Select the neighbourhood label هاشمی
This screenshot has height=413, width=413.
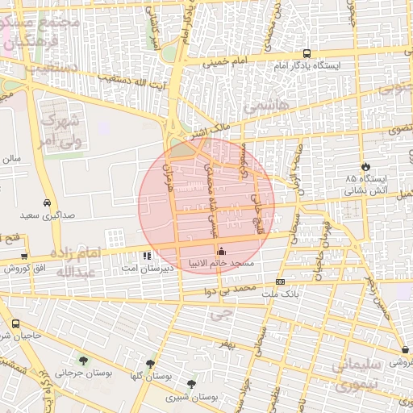[260, 106]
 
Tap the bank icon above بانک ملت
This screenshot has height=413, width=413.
[280, 282]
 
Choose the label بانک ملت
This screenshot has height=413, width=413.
[280, 294]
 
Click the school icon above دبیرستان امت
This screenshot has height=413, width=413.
[146, 256]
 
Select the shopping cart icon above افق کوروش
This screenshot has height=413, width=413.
[24, 256]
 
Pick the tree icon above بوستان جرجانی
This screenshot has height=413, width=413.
[83, 360]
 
